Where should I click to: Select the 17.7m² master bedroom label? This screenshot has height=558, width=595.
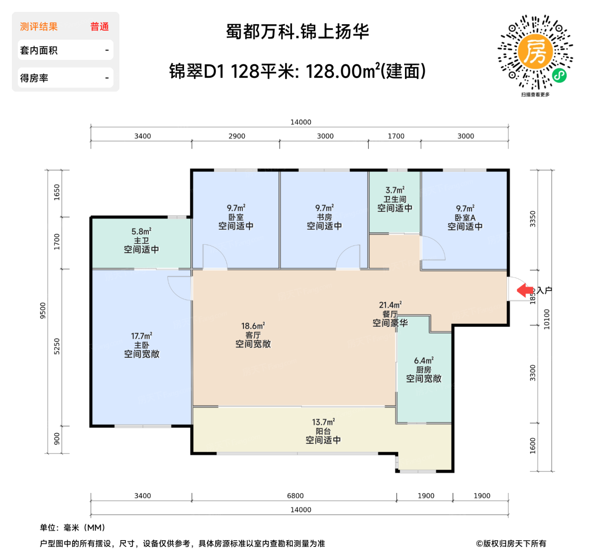142,345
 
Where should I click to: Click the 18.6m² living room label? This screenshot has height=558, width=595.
253,335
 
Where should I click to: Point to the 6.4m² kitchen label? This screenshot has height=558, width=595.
424,370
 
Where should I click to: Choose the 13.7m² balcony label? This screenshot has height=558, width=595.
323,431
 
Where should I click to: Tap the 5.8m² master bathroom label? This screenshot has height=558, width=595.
142,241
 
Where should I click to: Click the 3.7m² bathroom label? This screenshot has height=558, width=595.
395,199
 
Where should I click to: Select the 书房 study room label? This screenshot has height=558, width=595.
324,217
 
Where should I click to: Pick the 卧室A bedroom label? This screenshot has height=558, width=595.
465,218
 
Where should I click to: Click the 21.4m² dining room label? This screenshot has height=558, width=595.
390,314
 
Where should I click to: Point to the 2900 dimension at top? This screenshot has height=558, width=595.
237,136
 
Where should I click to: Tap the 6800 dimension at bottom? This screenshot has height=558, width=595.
295,496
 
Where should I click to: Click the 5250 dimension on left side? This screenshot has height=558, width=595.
57,346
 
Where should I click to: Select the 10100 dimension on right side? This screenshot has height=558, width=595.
547,319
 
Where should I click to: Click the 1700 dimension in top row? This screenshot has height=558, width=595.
396,136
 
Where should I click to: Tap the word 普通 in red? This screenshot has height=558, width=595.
99,27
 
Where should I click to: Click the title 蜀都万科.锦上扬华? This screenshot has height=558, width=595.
297,32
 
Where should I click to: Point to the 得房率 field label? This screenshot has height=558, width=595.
34,78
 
